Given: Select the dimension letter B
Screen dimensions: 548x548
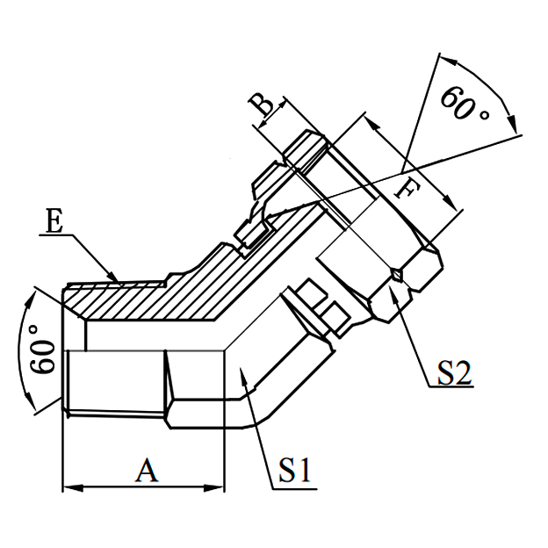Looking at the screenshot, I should pos(262,107).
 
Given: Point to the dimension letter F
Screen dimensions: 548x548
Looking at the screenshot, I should pos(406,187).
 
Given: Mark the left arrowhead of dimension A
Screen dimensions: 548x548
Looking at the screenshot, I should pos(68,486).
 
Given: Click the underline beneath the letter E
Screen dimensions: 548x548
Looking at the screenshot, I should pos(58,234).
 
